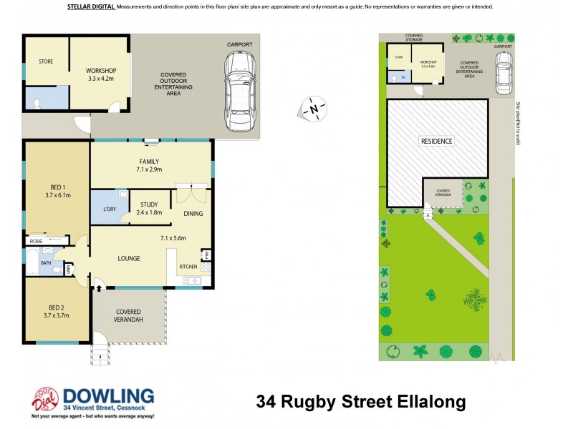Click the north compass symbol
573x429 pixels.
313,109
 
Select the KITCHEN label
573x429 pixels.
188,267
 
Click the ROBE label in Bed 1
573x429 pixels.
36,242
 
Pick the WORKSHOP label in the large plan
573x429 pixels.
100,70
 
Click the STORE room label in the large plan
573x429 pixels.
45,61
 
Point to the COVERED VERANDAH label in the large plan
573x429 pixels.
129,315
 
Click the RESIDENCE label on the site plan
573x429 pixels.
436,142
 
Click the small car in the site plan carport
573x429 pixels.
504,75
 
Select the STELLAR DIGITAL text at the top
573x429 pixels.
92,6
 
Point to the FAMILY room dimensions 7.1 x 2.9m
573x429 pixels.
150,169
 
